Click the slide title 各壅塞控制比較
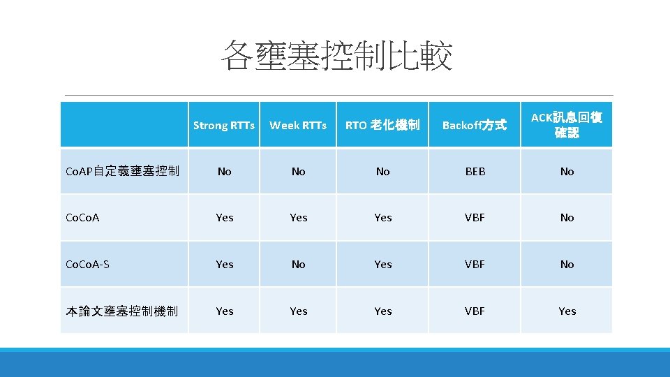tap(336, 56)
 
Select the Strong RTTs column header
tap(224, 126)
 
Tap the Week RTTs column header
tap(298, 126)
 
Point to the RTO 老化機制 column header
tap(382, 126)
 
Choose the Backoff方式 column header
tap(475, 126)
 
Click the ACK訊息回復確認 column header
tap(567, 125)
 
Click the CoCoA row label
tap(82, 218)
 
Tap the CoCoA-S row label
tap(87, 265)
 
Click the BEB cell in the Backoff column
tap(475, 171)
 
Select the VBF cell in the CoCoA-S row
tap(475, 265)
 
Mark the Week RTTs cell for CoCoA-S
tap(298, 265)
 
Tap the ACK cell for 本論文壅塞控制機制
tap(567, 311)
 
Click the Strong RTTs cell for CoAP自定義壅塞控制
tap(224, 171)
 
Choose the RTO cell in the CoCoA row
tap(382, 218)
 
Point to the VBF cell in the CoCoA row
tap(475, 218)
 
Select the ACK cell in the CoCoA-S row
tap(567, 265)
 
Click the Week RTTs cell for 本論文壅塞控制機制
tap(298, 311)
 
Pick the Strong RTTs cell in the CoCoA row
tap(224, 218)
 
